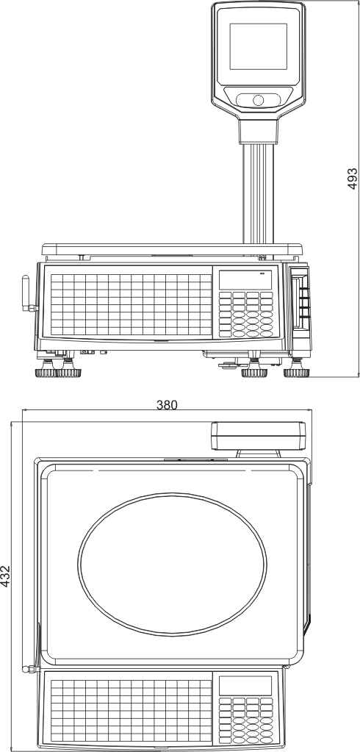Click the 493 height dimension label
(353, 179)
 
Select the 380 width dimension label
(167, 405)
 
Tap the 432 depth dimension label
(5, 576)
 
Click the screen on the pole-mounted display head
(259, 46)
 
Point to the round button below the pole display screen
(259, 100)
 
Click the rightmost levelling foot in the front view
(297, 370)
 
